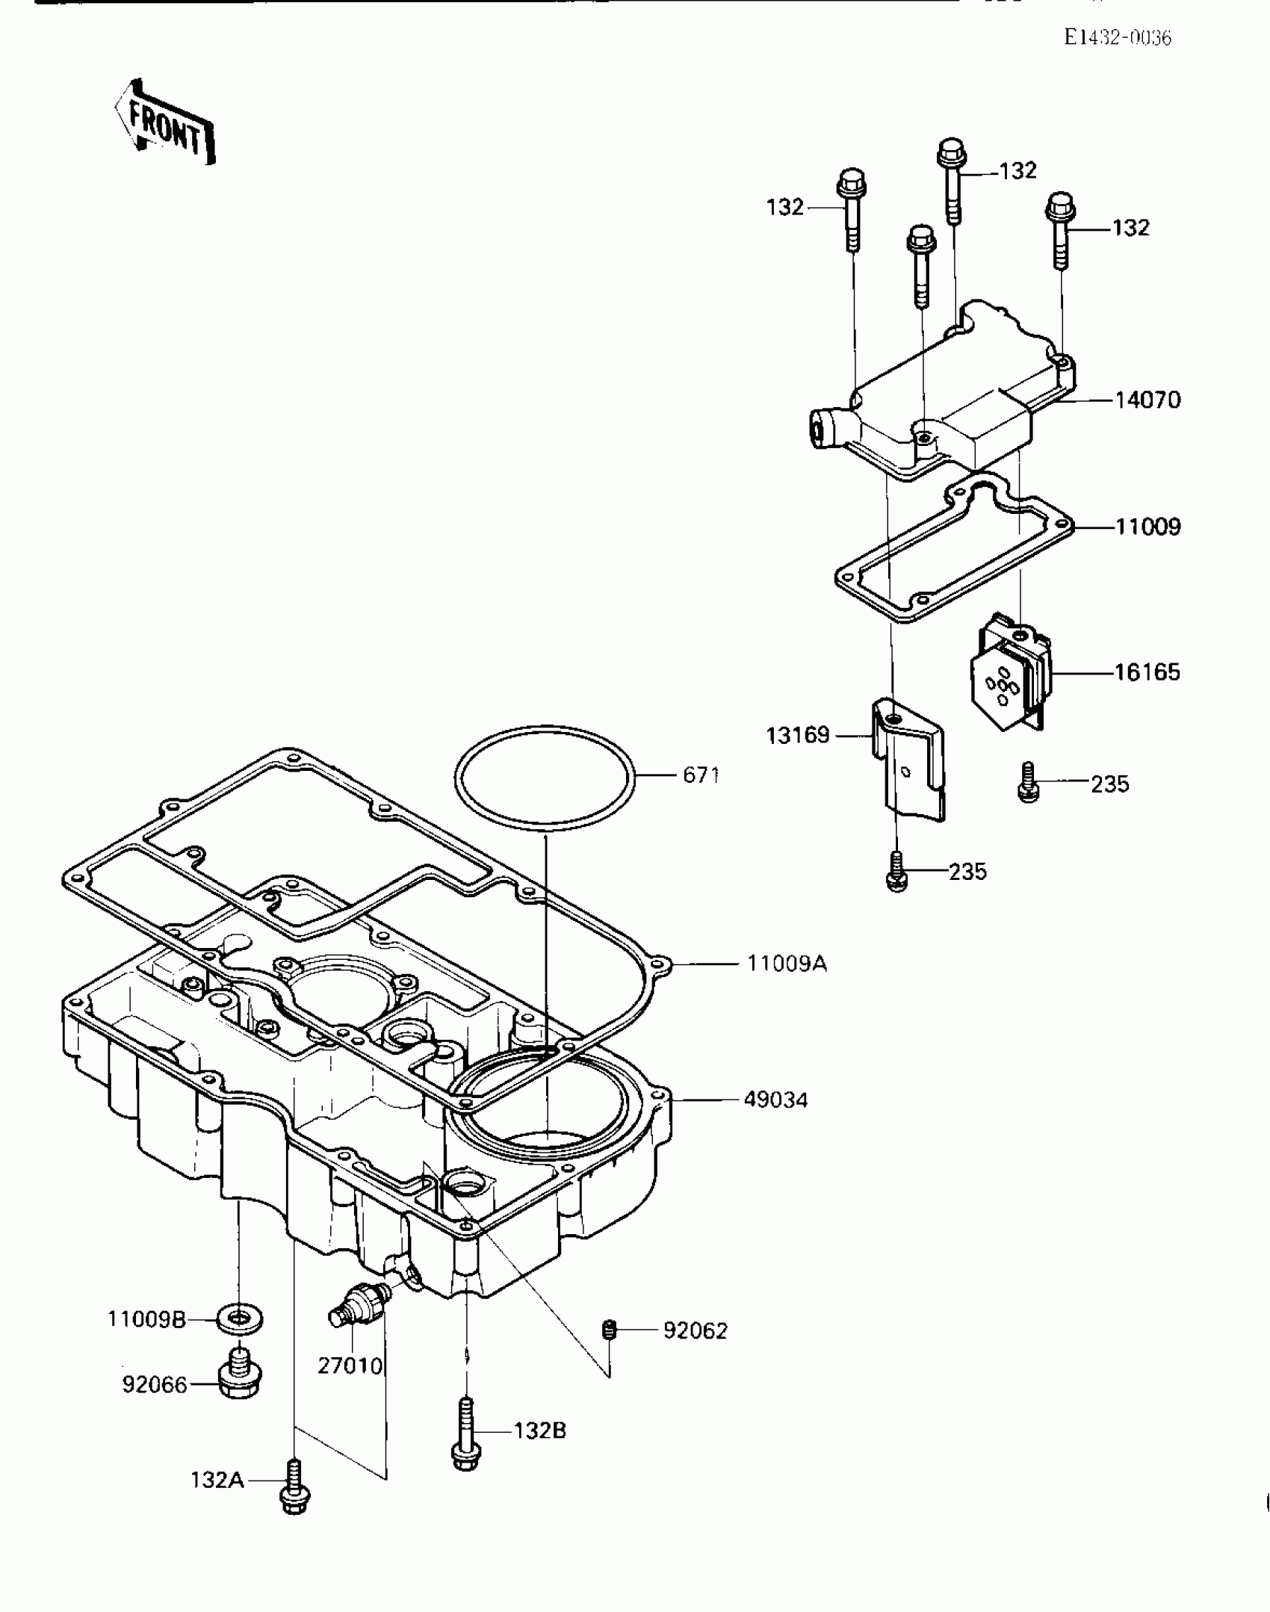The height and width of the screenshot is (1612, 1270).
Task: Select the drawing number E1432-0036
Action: [x=1117, y=37]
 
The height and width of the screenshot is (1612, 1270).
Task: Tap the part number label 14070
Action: [x=1147, y=400]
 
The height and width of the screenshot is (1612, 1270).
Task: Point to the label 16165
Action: [x=1147, y=672]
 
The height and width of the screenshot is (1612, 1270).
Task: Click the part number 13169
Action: [x=798, y=736]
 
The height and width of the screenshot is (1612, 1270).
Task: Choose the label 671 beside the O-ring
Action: [x=701, y=775]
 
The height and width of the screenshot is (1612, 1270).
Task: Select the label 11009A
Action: [x=787, y=964]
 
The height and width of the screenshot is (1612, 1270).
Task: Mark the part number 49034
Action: [x=775, y=1100]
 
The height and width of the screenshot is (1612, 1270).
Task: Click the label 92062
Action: [x=695, y=1331]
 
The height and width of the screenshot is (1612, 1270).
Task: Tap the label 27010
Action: [x=350, y=1365]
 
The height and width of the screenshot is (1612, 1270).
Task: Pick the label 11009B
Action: [x=146, y=1320]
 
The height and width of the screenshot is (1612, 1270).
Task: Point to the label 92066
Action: [x=155, y=1385]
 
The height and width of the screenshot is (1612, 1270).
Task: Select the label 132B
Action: [x=539, y=1431]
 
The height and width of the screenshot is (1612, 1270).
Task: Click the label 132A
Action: [x=217, y=1480]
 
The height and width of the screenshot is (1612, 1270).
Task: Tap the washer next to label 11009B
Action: [x=239, y=1320]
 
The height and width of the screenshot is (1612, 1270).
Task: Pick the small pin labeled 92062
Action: [x=609, y=1330]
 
